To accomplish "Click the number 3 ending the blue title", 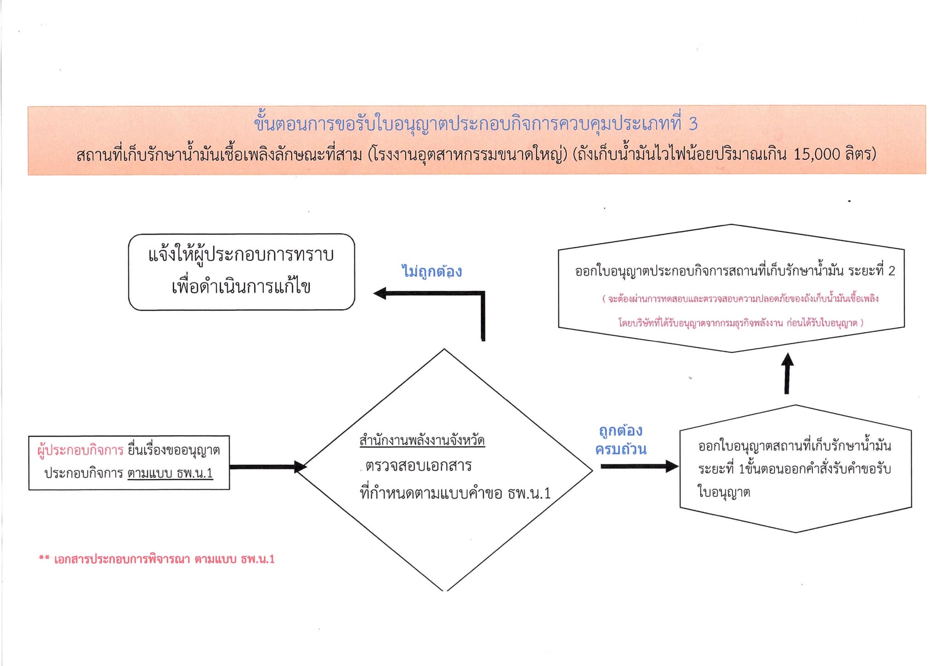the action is click(x=693, y=124).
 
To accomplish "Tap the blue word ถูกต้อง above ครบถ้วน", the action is click(x=620, y=431).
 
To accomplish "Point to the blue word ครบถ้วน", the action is click(x=620, y=448).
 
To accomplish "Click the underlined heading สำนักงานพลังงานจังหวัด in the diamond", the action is click(x=422, y=440).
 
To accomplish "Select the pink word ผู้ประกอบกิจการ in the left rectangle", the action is click(x=80, y=450).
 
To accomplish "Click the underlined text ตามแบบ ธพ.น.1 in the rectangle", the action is click(x=170, y=473).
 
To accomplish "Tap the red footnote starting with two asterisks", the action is click(x=156, y=559).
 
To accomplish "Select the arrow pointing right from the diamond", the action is click(x=639, y=466).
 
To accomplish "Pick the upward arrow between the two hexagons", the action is click(x=787, y=373).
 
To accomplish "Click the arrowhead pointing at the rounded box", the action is click(x=380, y=293).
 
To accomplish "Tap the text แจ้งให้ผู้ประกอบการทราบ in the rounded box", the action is click(x=241, y=255).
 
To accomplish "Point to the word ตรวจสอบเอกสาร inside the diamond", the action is click(x=418, y=465).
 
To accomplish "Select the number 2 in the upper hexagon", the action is click(x=891, y=271).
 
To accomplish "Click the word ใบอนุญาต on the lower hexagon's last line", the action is click(x=724, y=492).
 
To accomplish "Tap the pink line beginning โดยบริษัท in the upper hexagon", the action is click(x=741, y=322).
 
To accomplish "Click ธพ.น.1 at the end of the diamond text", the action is click(x=529, y=494).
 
